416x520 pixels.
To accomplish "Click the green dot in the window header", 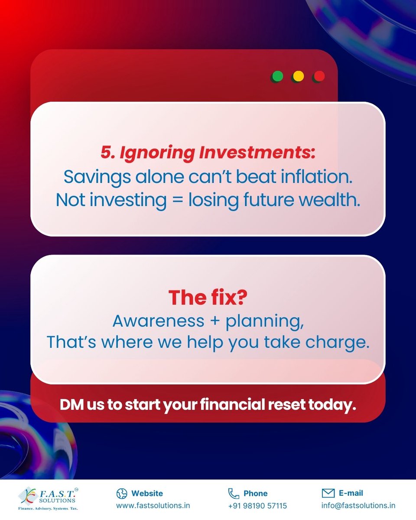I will click(277, 77).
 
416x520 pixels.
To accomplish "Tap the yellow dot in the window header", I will click(298, 77).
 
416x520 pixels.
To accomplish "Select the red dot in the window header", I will click(319, 77).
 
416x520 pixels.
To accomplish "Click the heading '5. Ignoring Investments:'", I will click(208, 153).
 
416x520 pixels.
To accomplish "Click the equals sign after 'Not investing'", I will click(177, 200).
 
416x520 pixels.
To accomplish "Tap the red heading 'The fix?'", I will click(208, 298).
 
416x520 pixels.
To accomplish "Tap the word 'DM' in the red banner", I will click(69, 405).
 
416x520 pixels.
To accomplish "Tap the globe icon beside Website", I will click(122, 493).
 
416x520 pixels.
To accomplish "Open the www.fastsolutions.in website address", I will click(153, 506).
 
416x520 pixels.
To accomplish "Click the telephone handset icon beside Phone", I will click(234, 493).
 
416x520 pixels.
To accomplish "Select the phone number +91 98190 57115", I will click(257, 506).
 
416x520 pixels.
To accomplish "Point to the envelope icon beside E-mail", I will click(328, 493).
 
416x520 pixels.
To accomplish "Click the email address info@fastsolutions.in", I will click(358, 506).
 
